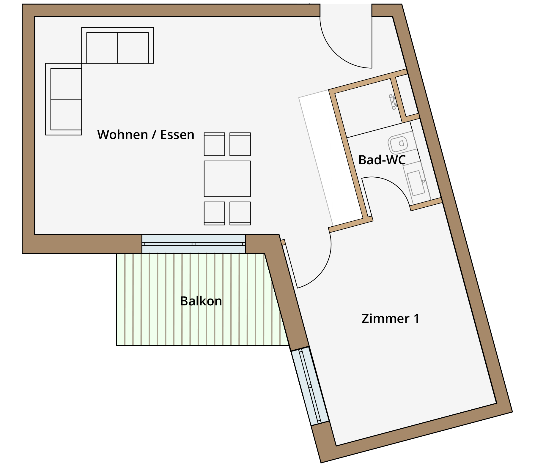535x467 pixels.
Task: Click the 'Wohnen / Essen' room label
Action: pos(146,135)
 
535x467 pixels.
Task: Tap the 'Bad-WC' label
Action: pos(382,160)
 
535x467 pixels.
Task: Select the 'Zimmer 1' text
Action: pos(391,318)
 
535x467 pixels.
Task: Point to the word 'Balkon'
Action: pos(201,301)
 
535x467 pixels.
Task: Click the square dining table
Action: pos(227,179)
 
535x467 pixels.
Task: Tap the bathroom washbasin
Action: pos(416,182)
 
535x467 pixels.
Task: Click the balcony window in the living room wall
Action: pos(193,244)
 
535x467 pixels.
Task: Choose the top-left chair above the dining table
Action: pos(214,144)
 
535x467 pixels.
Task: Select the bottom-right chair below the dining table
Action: pos(240,213)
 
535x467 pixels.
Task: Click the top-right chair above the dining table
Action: pos(240,144)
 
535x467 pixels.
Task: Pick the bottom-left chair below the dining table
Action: pos(214,213)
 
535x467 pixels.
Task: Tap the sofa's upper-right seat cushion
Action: pos(133,48)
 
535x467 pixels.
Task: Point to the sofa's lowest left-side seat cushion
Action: pos(66,115)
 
